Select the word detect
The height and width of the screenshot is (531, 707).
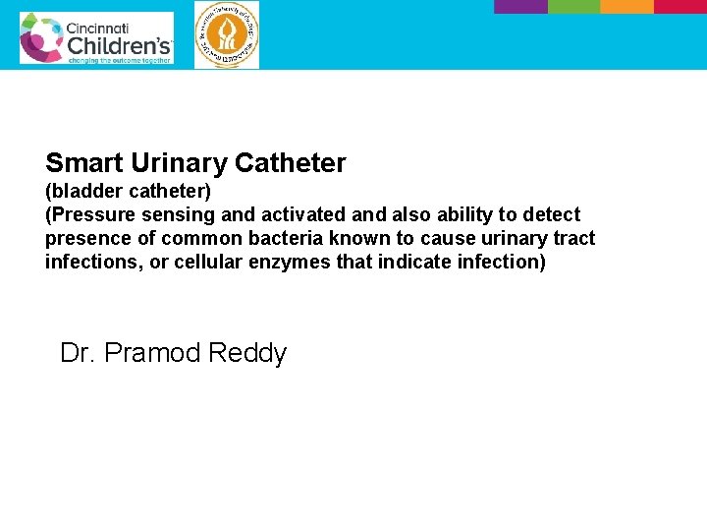point(550,214)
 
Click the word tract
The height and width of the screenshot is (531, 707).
point(572,238)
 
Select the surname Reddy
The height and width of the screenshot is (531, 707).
point(249,353)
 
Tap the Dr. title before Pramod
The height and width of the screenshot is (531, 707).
point(78,353)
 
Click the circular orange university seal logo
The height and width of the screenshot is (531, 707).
point(227,35)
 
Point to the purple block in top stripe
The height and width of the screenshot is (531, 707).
point(520,6)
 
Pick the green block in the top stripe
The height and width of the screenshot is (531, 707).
point(573,6)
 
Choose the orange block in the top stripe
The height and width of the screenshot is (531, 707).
point(626,6)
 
